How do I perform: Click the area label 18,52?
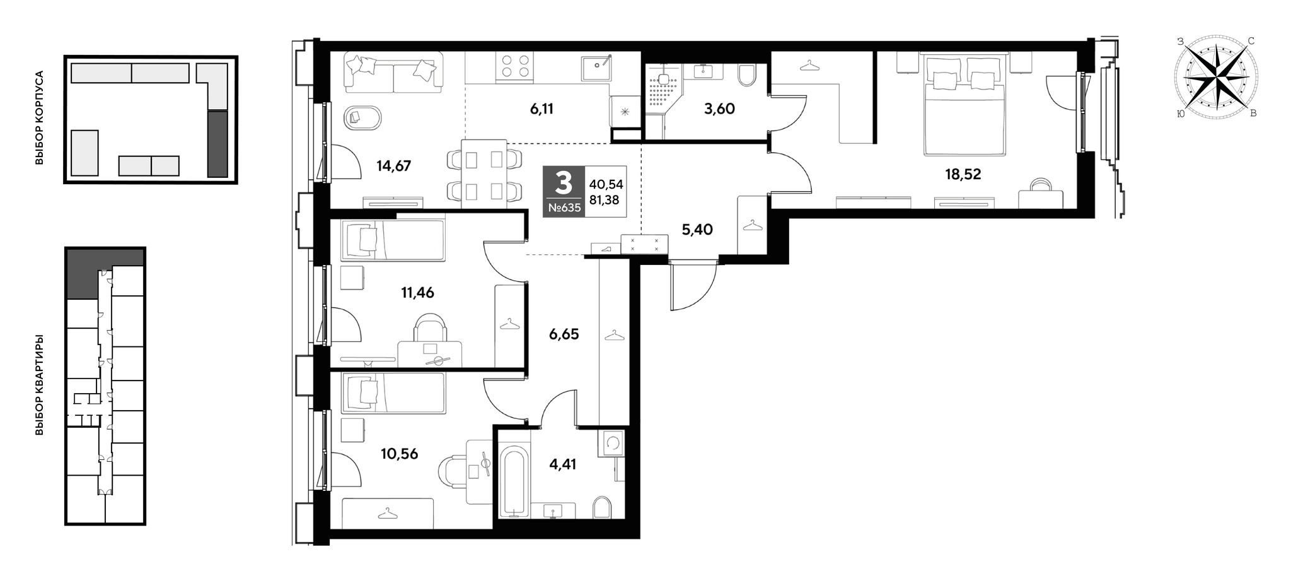963,174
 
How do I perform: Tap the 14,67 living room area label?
393,166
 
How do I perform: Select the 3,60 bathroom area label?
719,109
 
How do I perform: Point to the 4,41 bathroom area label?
562,464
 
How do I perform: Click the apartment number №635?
564,208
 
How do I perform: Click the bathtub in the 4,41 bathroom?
514,482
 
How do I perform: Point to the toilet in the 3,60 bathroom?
747,76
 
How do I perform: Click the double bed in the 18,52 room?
964,105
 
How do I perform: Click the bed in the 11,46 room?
393,240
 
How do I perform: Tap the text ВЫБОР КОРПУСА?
40,118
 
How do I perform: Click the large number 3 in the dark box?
563,183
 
